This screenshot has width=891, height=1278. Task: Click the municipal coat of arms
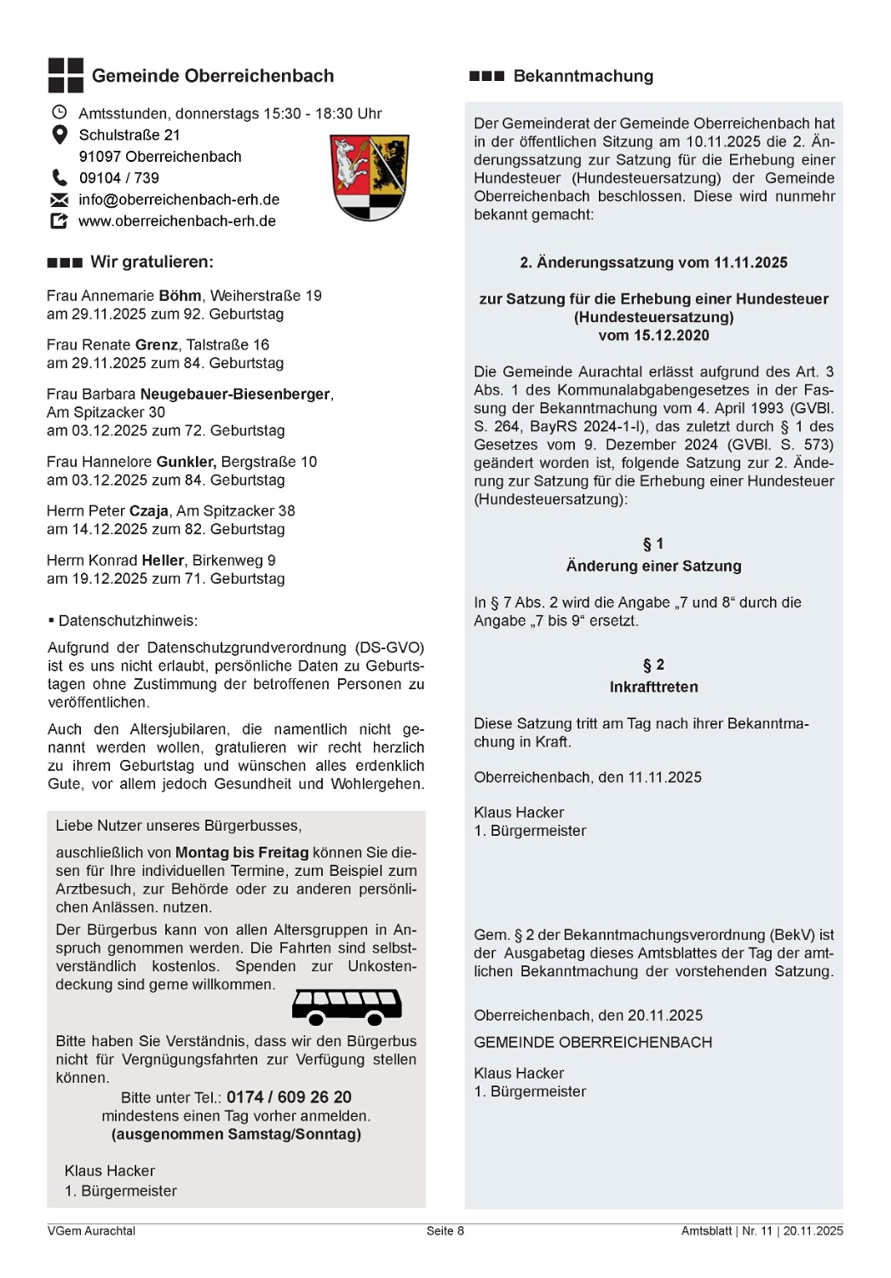click(370, 177)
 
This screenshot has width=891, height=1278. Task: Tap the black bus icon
click(347, 1006)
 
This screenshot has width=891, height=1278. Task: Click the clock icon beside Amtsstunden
click(60, 112)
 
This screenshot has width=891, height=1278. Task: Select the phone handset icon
click(60, 177)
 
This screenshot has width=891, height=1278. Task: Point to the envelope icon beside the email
click(60, 199)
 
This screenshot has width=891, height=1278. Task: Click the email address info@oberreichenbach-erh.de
click(179, 199)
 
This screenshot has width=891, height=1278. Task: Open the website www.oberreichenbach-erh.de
click(177, 221)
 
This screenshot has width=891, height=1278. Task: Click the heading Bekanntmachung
click(583, 76)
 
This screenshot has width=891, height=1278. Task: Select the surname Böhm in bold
click(180, 296)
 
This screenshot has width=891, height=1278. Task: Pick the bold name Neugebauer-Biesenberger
click(235, 394)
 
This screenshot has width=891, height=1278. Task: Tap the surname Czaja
click(148, 511)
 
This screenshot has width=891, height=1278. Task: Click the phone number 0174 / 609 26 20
click(289, 1097)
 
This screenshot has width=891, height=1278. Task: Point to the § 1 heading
click(653, 544)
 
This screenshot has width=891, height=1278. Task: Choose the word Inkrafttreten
click(653, 687)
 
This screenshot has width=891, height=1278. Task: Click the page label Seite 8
click(445, 1230)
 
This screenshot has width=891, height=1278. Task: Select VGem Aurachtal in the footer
click(91, 1230)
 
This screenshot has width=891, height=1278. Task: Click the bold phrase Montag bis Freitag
click(242, 852)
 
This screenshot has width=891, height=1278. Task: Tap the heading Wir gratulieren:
click(152, 262)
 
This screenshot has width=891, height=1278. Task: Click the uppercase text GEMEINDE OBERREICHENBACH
click(593, 1042)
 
